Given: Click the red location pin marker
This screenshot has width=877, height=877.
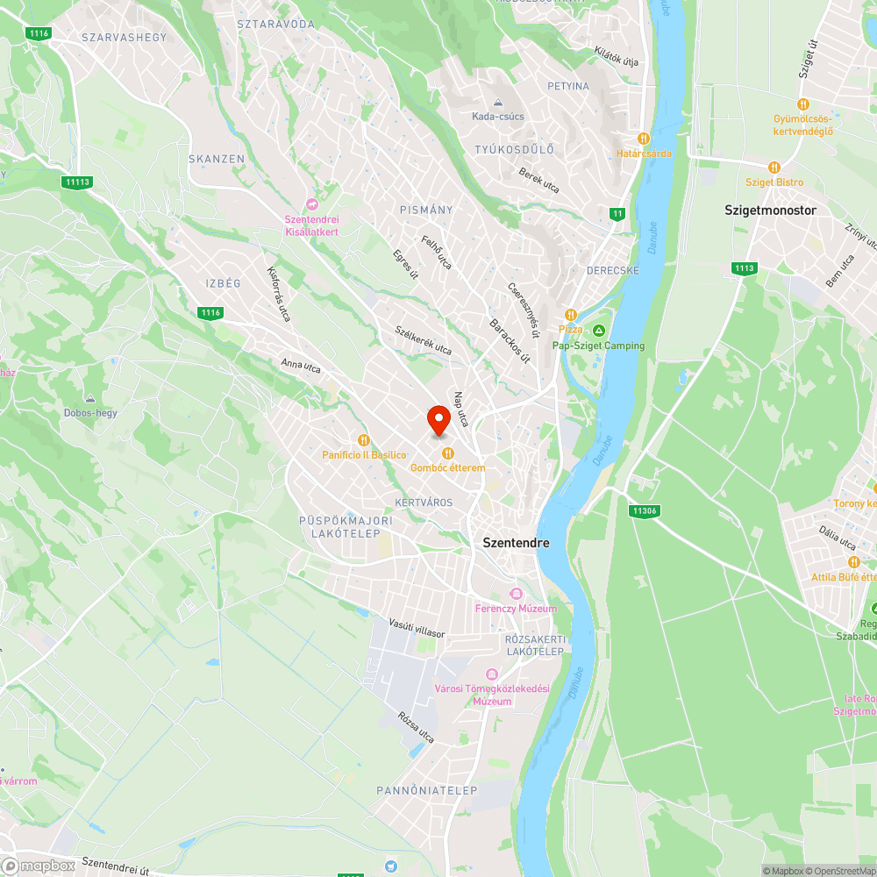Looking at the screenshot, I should [438, 420].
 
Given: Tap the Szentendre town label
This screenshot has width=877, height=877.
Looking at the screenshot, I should [517, 543].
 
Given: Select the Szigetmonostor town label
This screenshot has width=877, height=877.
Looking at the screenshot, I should [770, 210].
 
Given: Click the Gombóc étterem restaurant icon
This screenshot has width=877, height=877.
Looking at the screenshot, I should [448, 453].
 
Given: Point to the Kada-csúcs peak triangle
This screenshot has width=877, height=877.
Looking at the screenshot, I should [498, 102].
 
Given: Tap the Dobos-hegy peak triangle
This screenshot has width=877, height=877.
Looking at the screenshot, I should [90, 398].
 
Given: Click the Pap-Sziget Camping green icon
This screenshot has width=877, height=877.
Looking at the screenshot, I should [598, 331].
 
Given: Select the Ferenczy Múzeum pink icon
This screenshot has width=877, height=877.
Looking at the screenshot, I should [516, 594].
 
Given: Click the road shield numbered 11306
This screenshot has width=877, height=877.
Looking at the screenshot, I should [644, 510].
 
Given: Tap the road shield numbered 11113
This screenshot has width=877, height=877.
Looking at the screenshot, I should [77, 182].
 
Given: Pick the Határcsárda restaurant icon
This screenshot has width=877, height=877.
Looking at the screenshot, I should [644, 138].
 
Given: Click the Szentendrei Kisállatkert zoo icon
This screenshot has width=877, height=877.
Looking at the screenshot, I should [311, 205].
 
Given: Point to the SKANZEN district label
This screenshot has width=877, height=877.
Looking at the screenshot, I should [217, 159].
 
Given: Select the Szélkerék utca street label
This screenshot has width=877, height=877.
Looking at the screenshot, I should [424, 340].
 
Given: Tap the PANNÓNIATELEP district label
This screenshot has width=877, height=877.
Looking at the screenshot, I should [427, 791].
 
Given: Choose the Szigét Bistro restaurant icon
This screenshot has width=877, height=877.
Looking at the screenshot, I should [774, 167].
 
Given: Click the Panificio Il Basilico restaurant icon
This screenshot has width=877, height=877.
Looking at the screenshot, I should [363, 439].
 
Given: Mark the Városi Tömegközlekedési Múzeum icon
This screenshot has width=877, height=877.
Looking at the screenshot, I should [491, 674].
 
